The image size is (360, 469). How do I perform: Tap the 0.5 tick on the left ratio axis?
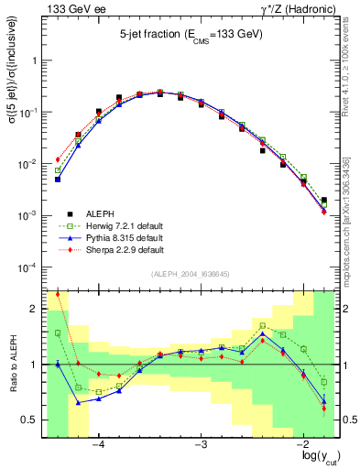click(30, 420)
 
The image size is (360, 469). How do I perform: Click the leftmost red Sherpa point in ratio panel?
click(58, 294)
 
